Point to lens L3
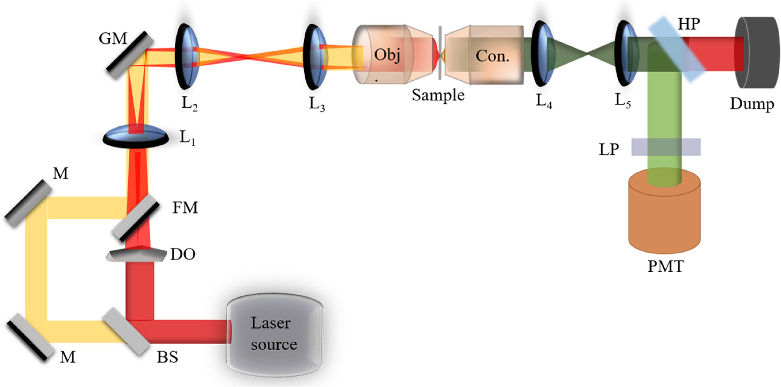point(315,56)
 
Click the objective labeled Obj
point(387,55)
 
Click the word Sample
point(438,95)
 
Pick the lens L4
point(543,54)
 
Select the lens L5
point(627,54)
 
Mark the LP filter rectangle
point(666,147)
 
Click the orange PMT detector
point(664,214)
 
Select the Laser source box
point(274,334)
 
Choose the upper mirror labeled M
point(28,203)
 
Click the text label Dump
point(751,104)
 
